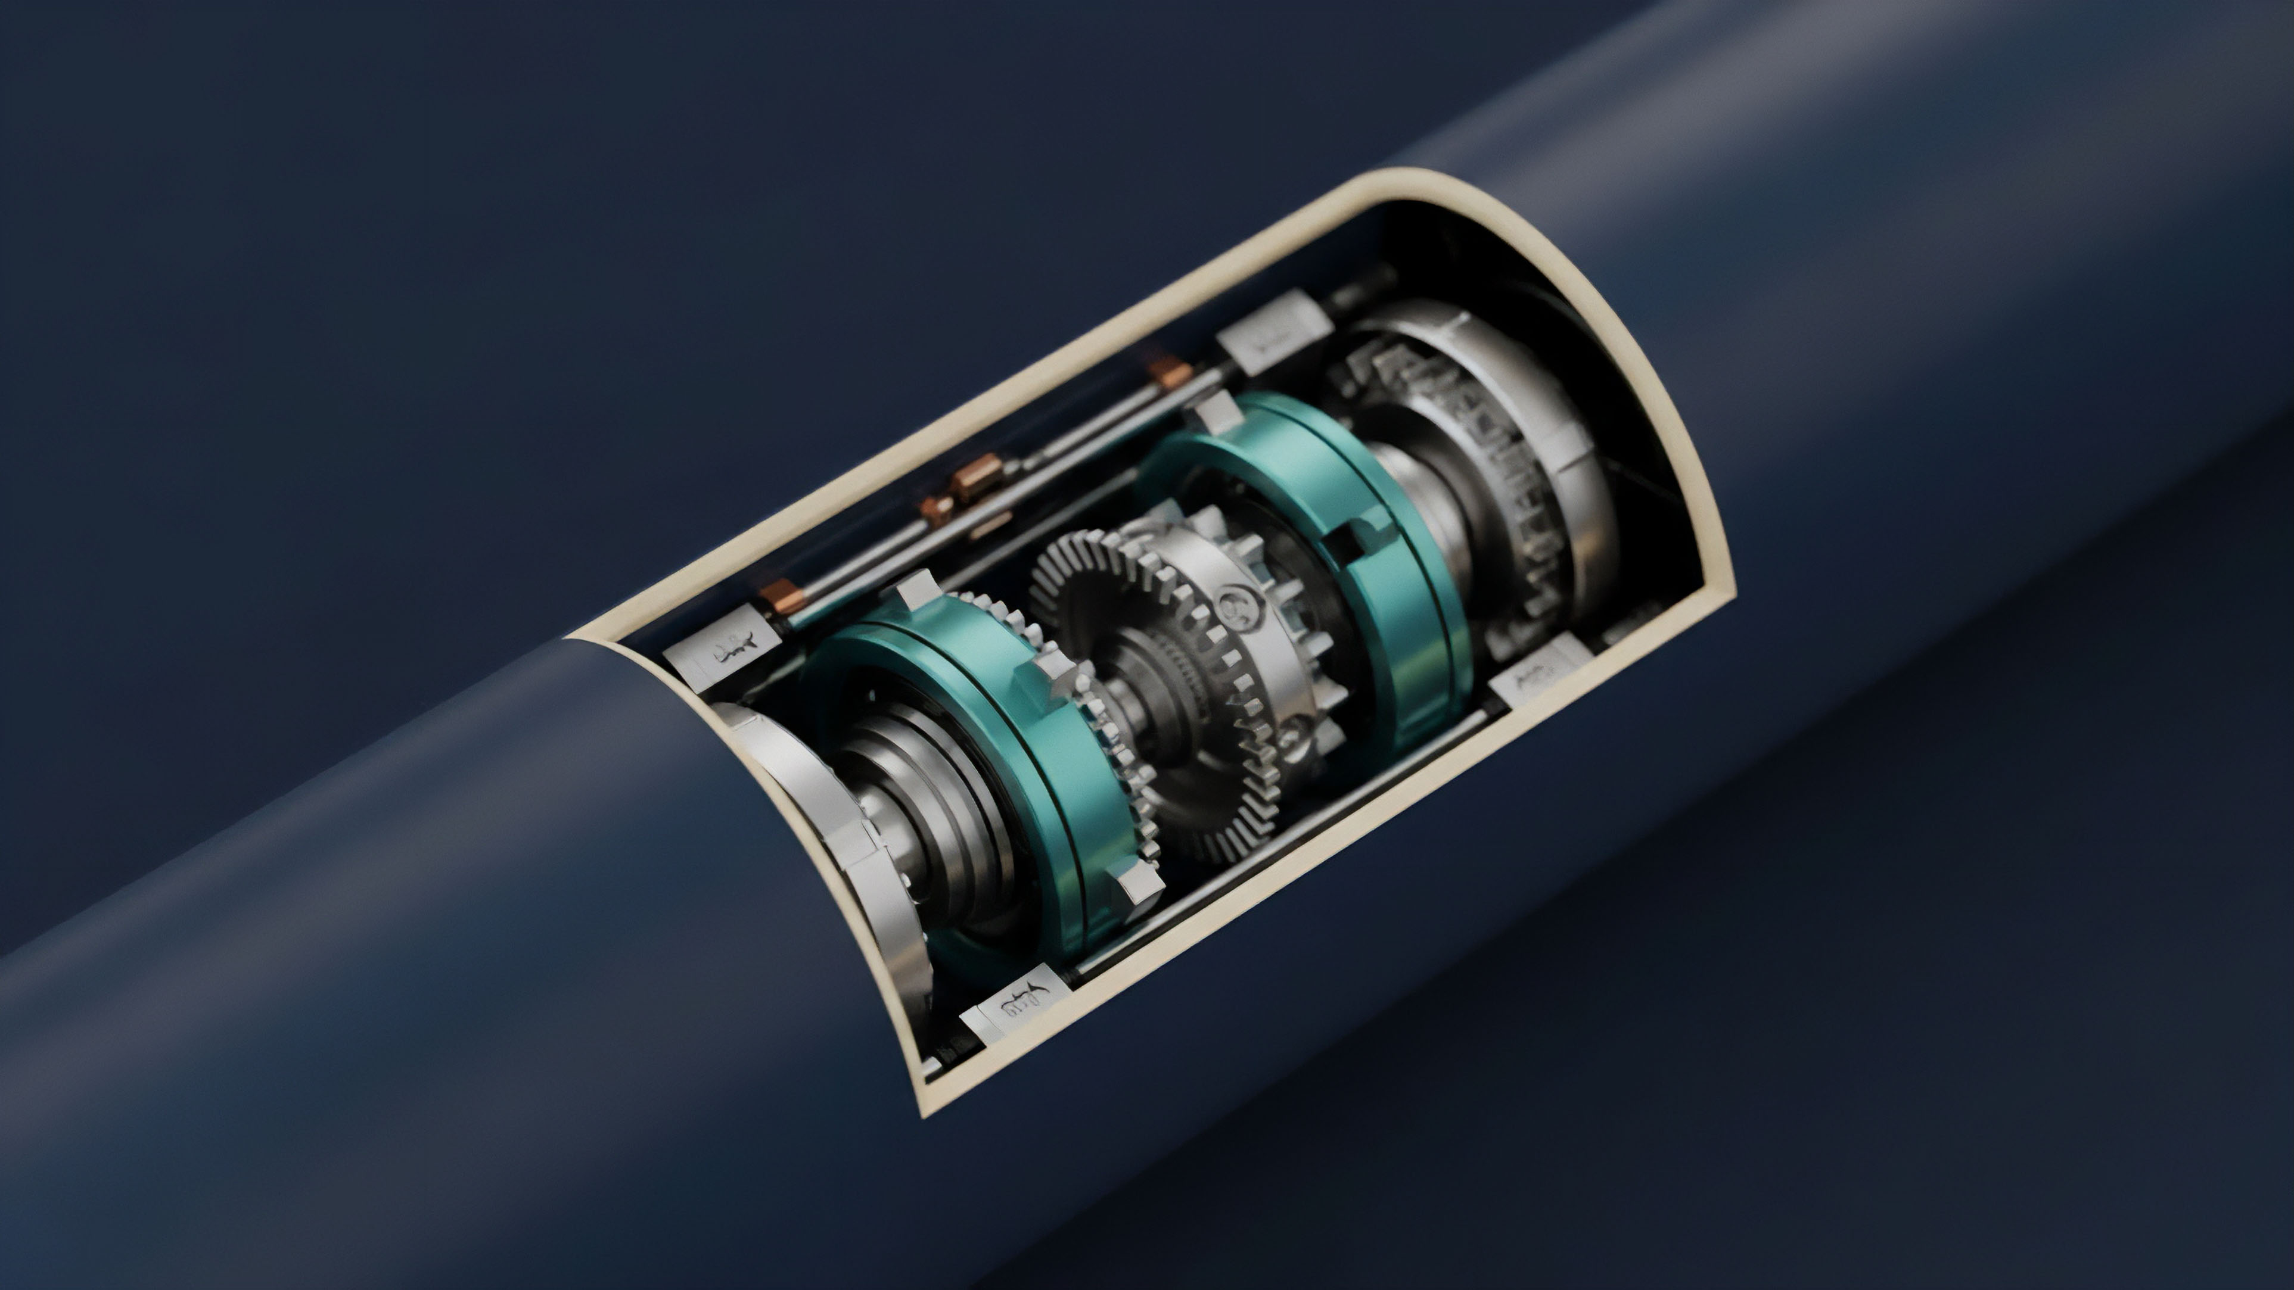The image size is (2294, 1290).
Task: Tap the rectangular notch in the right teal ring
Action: [1356, 538]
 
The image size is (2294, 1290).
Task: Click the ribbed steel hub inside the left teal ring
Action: [935, 801]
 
